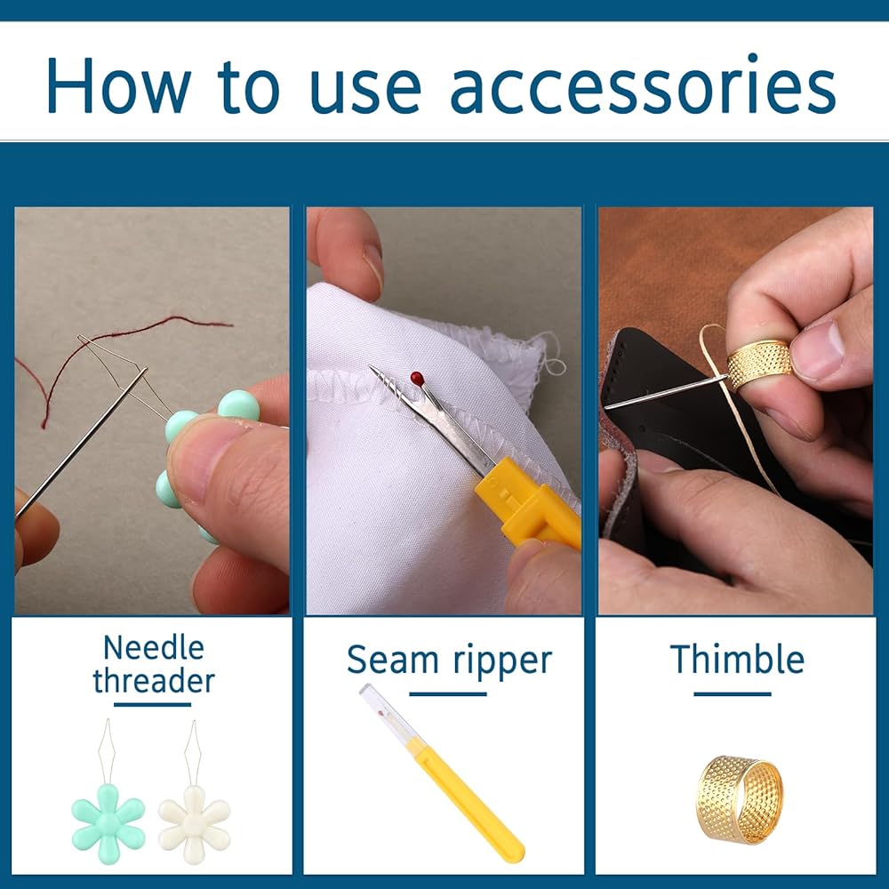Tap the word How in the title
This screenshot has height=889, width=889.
118,85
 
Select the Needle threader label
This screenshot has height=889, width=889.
154,664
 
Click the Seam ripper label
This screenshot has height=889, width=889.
449,661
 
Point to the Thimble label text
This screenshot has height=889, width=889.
737,659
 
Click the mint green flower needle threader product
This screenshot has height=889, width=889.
108,794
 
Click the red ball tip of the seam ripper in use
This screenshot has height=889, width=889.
417,378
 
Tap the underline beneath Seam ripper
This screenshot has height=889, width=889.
448,694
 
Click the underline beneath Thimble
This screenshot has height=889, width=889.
733,694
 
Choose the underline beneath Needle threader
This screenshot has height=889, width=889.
153,705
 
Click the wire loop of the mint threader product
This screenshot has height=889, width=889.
107,752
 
